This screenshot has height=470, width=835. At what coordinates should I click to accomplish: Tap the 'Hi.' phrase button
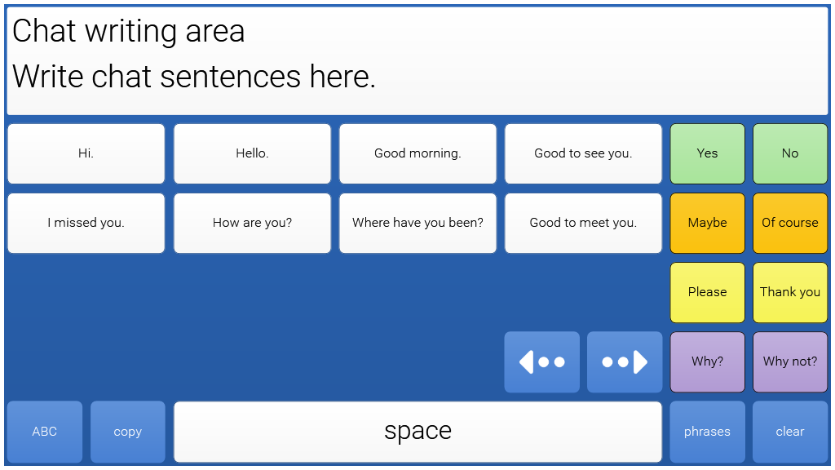(x=86, y=154)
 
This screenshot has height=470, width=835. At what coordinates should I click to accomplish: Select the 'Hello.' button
(x=252, y=154)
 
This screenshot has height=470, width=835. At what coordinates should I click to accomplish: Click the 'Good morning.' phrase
(x=417, y=154)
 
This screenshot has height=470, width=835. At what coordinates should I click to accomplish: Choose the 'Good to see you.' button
(x=583, y=154)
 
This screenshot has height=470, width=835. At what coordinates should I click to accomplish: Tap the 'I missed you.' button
(x=86, y=224)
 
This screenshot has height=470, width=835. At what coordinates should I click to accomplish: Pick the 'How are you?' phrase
(x=252, y=224)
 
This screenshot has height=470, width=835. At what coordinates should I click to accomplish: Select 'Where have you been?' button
(x=417, y=224)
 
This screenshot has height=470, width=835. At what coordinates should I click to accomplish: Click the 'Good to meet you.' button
(x=583, y=224)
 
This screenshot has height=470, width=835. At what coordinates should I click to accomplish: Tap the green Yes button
(x=707, y=154)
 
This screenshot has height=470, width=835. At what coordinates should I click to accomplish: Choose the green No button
(x=790, y=154)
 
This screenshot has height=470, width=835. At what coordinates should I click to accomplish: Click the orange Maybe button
(x=707, y=224)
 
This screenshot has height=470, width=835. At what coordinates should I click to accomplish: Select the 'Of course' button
(x=790, y=224)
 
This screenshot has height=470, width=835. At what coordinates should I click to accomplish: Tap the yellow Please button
(x=707, y=293)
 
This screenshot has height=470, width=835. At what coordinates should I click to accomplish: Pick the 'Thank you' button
(x=790, y=293)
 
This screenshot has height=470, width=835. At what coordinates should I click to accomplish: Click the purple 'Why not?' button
(x=790, y=361)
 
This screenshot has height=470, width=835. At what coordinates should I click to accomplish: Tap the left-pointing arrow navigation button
(x=541, y=361)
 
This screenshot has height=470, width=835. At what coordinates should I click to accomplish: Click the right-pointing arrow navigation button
(x=625, y=361)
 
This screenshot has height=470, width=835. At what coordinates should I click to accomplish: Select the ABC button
(x=45, y=432)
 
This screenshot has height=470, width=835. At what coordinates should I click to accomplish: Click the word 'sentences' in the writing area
(x=230, y=76)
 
